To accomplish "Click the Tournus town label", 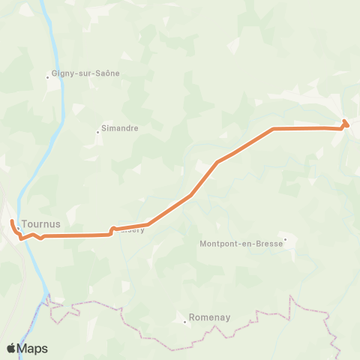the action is coord(41,223).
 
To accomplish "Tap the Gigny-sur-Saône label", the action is coord(85,73).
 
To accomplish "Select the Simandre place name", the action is coord(120,128).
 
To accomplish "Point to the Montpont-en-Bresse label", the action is coord(241,243).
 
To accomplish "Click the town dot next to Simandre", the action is coord(97,132).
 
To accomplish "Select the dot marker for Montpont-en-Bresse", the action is coord(285,240).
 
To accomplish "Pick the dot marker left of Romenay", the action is coord(185,321).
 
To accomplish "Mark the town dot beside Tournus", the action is coord(18,228).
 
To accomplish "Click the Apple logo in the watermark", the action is coord(11,348).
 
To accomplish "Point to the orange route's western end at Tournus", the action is coord(12,223).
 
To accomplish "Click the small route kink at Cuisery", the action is coord(112,229).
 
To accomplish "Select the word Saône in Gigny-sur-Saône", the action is coord(106,73).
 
